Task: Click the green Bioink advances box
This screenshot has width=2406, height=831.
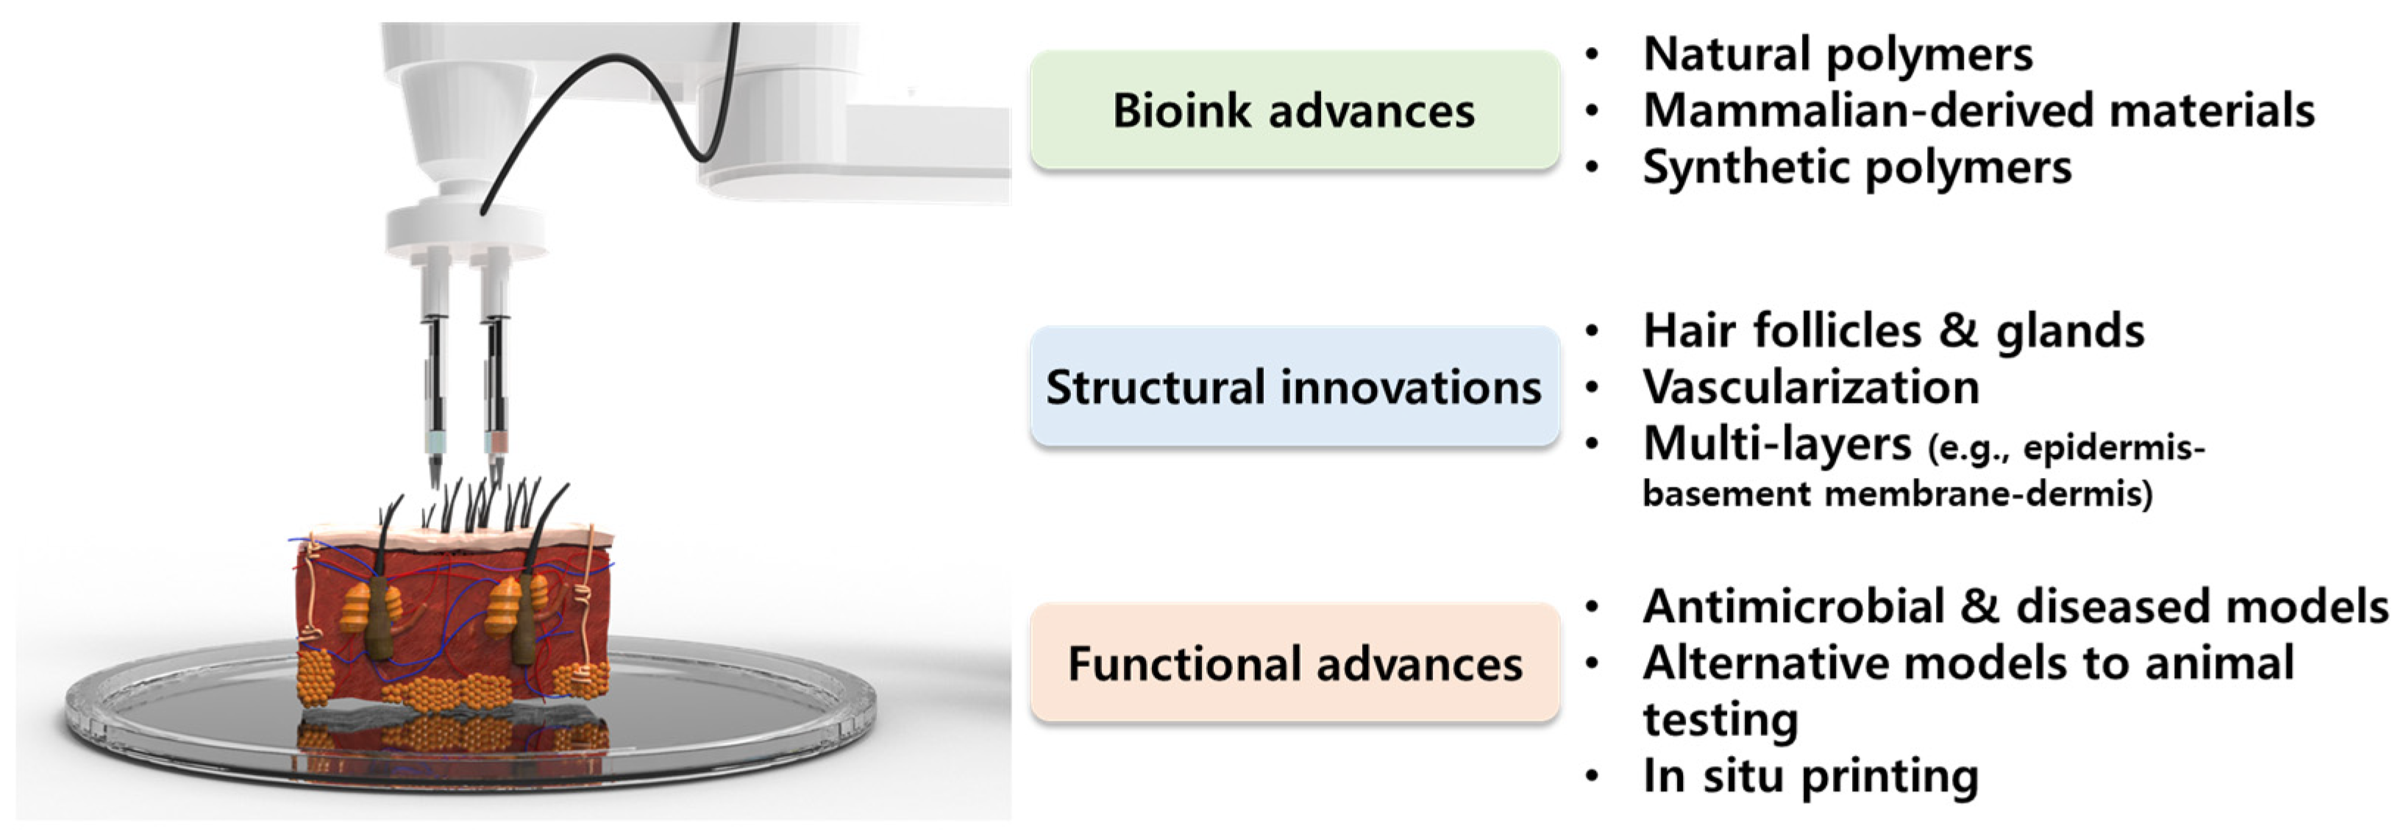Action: [x=1294, y=110]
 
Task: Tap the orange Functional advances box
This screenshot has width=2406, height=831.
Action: [x=1294, y=663]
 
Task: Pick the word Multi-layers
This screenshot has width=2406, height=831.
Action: [x=1776, y=443]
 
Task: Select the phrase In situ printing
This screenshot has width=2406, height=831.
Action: [x=1809, y=775]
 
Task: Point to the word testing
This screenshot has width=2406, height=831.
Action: [x=1720, y=719]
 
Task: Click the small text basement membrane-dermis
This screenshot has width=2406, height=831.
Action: [x=1896, y=493]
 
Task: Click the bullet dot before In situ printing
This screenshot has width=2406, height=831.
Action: [x=1593, y=775]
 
